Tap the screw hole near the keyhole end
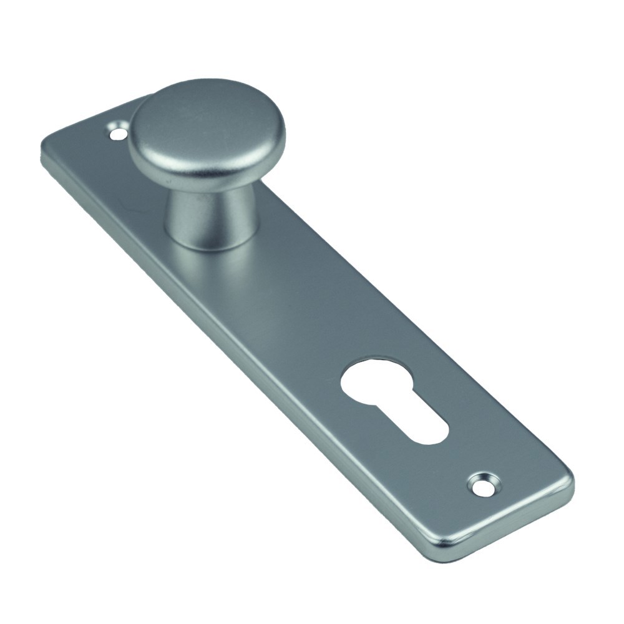click(x=485, y=484)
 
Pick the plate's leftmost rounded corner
click(x=47, y=150)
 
